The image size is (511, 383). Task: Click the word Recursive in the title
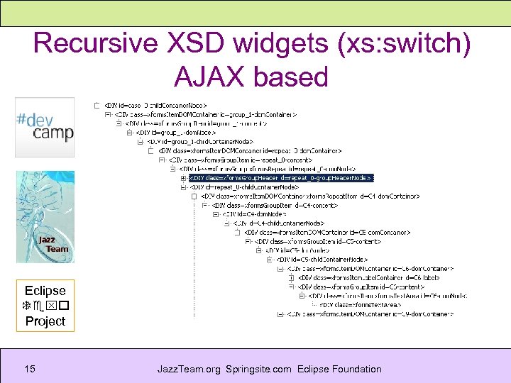[92, 43]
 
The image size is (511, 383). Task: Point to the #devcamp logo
[44, 128]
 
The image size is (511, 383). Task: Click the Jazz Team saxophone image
[45, 217]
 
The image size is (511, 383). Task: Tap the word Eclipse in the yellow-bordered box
[45, 290]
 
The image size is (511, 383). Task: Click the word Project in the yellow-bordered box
[45, 321]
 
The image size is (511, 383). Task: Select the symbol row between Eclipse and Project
[45, 306]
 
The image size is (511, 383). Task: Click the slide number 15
[30, 369]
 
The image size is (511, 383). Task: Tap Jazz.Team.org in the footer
[189, 369]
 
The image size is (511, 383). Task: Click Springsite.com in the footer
[259, 369]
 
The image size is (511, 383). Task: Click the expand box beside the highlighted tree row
[184, 178]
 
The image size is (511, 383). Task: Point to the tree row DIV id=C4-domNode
[255, 213]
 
